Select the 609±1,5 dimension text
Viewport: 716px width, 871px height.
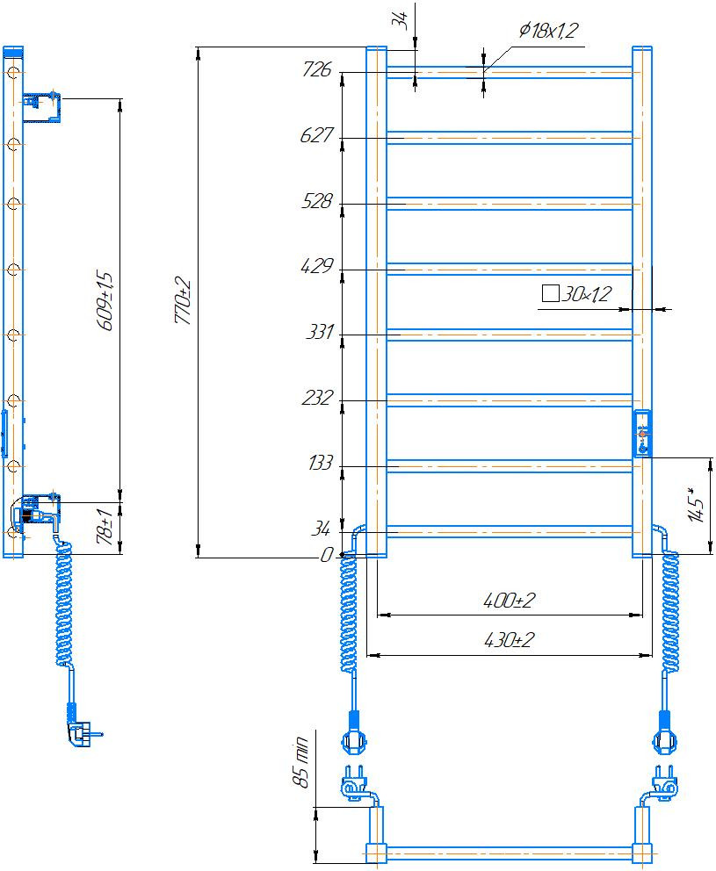point(105,300)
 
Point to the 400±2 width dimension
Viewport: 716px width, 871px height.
point(510,601)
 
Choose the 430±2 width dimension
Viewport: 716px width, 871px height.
point(510,640)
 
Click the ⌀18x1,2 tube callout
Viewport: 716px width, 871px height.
point(549,30)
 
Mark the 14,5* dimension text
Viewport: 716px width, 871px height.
point(697,504)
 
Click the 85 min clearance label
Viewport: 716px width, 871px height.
point(300,761)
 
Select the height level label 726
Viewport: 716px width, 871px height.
point(317,69)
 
